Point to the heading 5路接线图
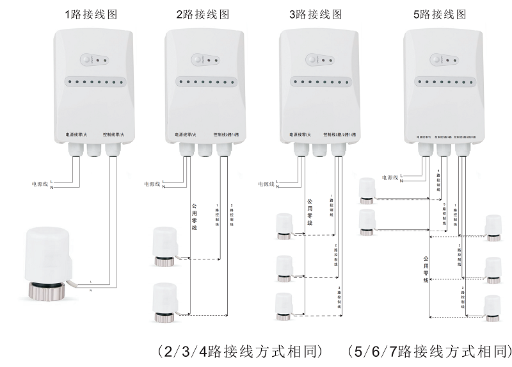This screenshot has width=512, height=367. tap(442, 14)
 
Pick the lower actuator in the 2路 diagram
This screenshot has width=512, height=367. tap(166, 302)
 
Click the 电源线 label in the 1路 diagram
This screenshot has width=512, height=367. tap(40, 183)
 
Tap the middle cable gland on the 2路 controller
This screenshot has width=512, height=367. tap(205, 150)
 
